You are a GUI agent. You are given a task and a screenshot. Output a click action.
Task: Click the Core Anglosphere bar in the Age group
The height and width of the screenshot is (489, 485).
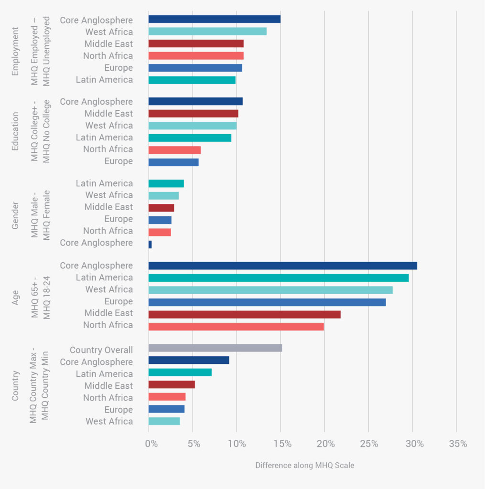(x=282, y=266)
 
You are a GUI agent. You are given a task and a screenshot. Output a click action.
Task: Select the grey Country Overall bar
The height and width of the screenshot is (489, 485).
(x=215, y=348)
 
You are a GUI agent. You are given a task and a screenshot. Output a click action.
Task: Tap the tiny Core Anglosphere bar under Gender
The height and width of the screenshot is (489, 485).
(x=150, y=244)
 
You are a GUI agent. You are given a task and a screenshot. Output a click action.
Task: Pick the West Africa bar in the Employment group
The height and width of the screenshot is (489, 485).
(x=207, y=32)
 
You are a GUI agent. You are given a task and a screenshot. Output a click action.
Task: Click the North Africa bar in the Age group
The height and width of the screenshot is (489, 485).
(x=236, y=327)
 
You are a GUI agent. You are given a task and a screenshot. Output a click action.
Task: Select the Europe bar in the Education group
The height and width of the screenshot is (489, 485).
(x=173, y=162)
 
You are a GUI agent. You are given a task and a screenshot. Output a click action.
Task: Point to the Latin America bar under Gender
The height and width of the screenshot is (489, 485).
(x=166, y=183)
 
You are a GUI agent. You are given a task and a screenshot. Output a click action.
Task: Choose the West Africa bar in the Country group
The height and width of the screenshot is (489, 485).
(x=164, y=421)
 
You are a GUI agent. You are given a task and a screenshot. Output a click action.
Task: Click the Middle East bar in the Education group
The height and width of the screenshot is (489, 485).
(x=193, y=114)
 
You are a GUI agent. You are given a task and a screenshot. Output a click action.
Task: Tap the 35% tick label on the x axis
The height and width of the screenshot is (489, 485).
(x=458, y=444)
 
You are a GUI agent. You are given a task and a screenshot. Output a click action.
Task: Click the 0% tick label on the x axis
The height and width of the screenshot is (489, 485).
(x=151, y=444)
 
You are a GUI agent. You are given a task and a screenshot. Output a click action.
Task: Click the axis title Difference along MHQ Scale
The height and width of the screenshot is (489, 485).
(x=304, y=465)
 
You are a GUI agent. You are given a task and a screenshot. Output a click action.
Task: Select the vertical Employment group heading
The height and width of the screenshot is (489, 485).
(x=15, y=51)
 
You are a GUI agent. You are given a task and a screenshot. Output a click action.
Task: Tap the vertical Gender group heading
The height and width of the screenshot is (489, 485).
(x=15, y=215)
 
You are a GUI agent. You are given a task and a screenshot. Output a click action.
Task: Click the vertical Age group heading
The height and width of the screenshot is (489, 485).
(x=15, y=295)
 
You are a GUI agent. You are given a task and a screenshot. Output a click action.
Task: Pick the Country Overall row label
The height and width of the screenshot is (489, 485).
(x=101, y=350)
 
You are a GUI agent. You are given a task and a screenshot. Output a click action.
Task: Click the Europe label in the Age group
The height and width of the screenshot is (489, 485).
(x=119, y=301)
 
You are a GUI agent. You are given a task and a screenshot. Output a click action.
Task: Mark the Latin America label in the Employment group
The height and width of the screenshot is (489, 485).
(x=104, y=80)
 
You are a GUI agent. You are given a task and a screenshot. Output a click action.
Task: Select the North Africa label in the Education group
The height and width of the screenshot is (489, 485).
(x=108, y=149)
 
